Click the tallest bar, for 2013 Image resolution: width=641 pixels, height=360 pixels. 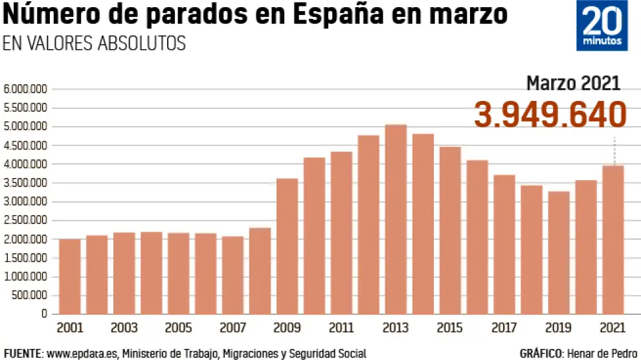[x=396, y=219]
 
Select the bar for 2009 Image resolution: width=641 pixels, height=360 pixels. [x=287, y=246]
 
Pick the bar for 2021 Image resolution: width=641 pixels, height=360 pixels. [x=613, y=240]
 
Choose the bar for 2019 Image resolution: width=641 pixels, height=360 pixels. [x=559, y=253]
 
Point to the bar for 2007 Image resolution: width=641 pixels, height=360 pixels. [x=232, y=275]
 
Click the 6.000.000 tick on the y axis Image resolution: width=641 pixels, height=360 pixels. [x=25, y=89]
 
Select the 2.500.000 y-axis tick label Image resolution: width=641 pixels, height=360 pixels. [x=25, y=221]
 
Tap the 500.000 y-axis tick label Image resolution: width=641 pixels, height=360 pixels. [x=30, y=296]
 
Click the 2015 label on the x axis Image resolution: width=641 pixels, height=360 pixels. [x=450, y=328]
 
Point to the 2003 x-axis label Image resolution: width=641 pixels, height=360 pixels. [x=124, y=328]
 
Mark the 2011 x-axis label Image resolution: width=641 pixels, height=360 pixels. [x=341, y=328]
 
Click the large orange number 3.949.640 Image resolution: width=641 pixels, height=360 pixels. [x=550, y=115]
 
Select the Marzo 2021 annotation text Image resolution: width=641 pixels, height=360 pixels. [x=573, y=83]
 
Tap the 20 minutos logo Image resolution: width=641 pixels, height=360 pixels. [x=602, y=26]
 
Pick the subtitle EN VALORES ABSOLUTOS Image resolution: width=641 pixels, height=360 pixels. [x=94, y=43]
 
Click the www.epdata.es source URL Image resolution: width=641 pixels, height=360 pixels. [x=83, y=354]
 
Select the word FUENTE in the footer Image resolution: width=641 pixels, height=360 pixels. [x=22, y=354]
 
